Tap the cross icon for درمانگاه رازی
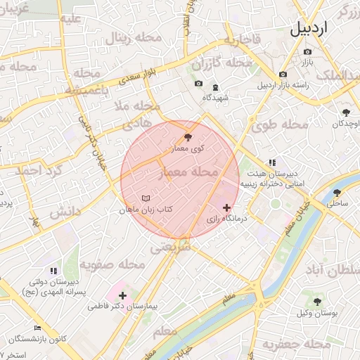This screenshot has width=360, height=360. tap(226, 207)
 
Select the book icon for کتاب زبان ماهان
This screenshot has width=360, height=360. tap(146, 198)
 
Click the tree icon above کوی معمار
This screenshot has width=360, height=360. tap(188, 137)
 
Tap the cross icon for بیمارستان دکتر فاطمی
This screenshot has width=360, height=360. tap(124, 295)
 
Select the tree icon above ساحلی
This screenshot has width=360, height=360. tap(337, 192)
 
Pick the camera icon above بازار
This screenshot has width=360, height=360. tap(307, 51)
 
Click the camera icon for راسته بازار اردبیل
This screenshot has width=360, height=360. tap(283, 75)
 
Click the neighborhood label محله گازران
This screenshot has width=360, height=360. tap(221, 63)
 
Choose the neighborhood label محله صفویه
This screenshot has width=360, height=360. tap(112, 264)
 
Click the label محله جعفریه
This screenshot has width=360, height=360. tap(297, 344)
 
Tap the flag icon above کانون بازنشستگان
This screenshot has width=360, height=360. tap(37, 328)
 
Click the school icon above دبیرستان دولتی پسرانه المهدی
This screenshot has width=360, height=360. tap(53, 270)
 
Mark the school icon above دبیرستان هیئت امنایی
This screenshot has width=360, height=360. tap(272, 162)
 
